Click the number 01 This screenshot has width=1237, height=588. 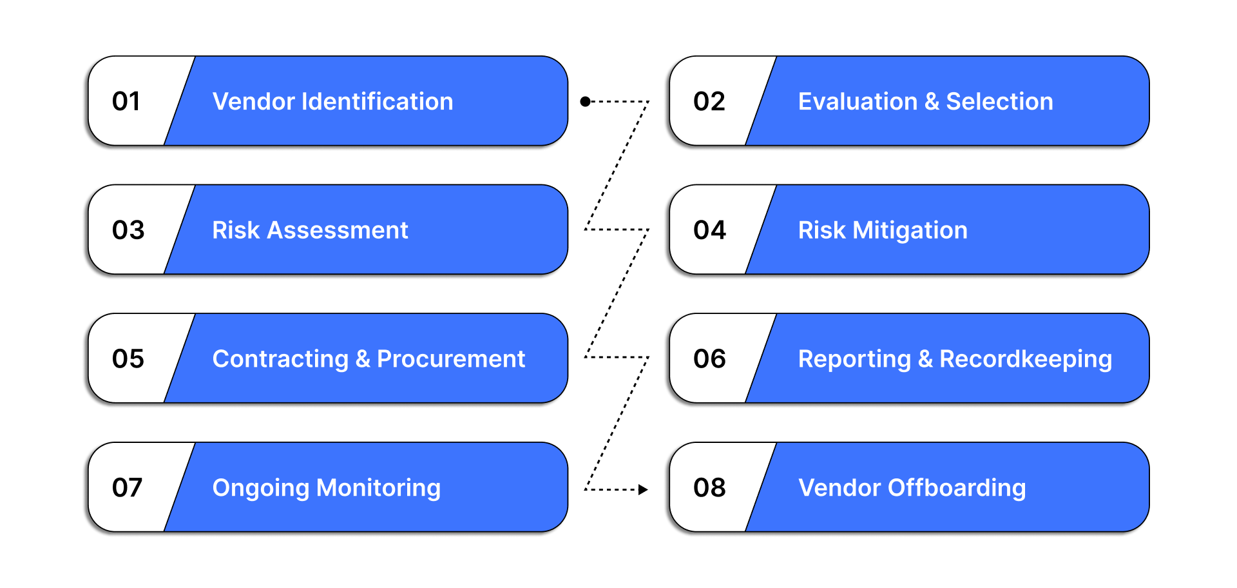click(126, 101)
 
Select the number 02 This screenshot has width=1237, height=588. click(709, 101)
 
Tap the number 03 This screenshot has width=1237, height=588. click(128, 230)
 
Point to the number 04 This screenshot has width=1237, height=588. click(709, 230)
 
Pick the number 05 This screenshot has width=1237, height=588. click(128, 358)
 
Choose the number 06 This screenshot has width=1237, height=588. click(709, 358)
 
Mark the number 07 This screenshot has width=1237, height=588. click(127, 487)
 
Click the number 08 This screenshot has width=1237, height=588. click(709, 487)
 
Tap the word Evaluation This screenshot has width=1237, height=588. click(857, 101)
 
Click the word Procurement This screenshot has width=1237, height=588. click(450, 358)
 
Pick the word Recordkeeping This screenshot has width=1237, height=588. click(1025, 358)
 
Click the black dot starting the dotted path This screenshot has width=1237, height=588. click(585, 101)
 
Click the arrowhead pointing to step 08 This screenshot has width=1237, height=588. click(642, 489)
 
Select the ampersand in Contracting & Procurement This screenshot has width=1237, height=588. click(363, 358)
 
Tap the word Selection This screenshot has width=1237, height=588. click(999, 101)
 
